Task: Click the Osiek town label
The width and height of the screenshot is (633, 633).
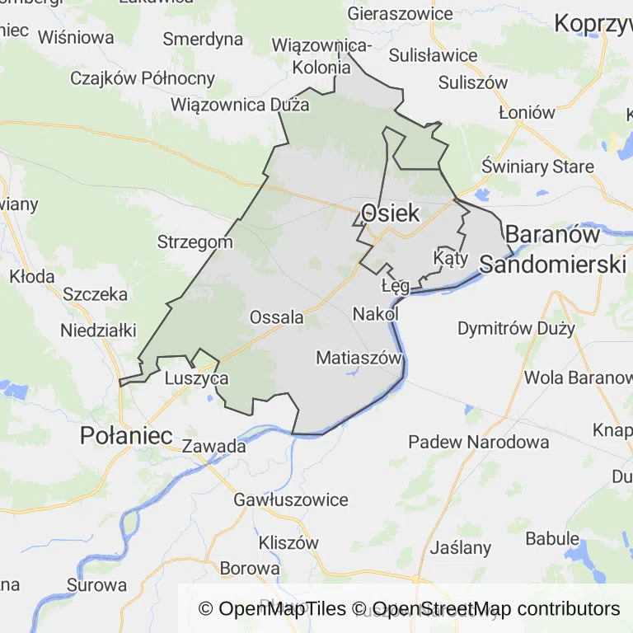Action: [390, 213]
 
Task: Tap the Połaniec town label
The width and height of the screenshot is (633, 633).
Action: [126, 436]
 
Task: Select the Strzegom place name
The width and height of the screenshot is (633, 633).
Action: [195, 242]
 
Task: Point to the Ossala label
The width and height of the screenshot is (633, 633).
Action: [276, 317]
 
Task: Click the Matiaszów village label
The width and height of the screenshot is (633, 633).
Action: [359, 358]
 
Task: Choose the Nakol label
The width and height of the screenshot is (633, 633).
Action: [375, 314]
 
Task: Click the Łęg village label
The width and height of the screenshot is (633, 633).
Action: [396, 286]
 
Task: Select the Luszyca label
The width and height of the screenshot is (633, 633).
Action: [196, 378]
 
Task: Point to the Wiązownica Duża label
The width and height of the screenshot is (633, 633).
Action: [240, 105]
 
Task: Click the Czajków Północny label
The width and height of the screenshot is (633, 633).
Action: [143, 79]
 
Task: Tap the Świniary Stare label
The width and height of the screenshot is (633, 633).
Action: [537, 166]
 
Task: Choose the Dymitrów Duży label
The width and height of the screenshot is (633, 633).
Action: [516, 328]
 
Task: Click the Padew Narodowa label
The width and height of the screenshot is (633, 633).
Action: [479, 442]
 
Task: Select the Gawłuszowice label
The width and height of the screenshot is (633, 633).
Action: [291, 499]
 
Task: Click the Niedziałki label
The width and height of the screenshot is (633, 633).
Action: [98, 331]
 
